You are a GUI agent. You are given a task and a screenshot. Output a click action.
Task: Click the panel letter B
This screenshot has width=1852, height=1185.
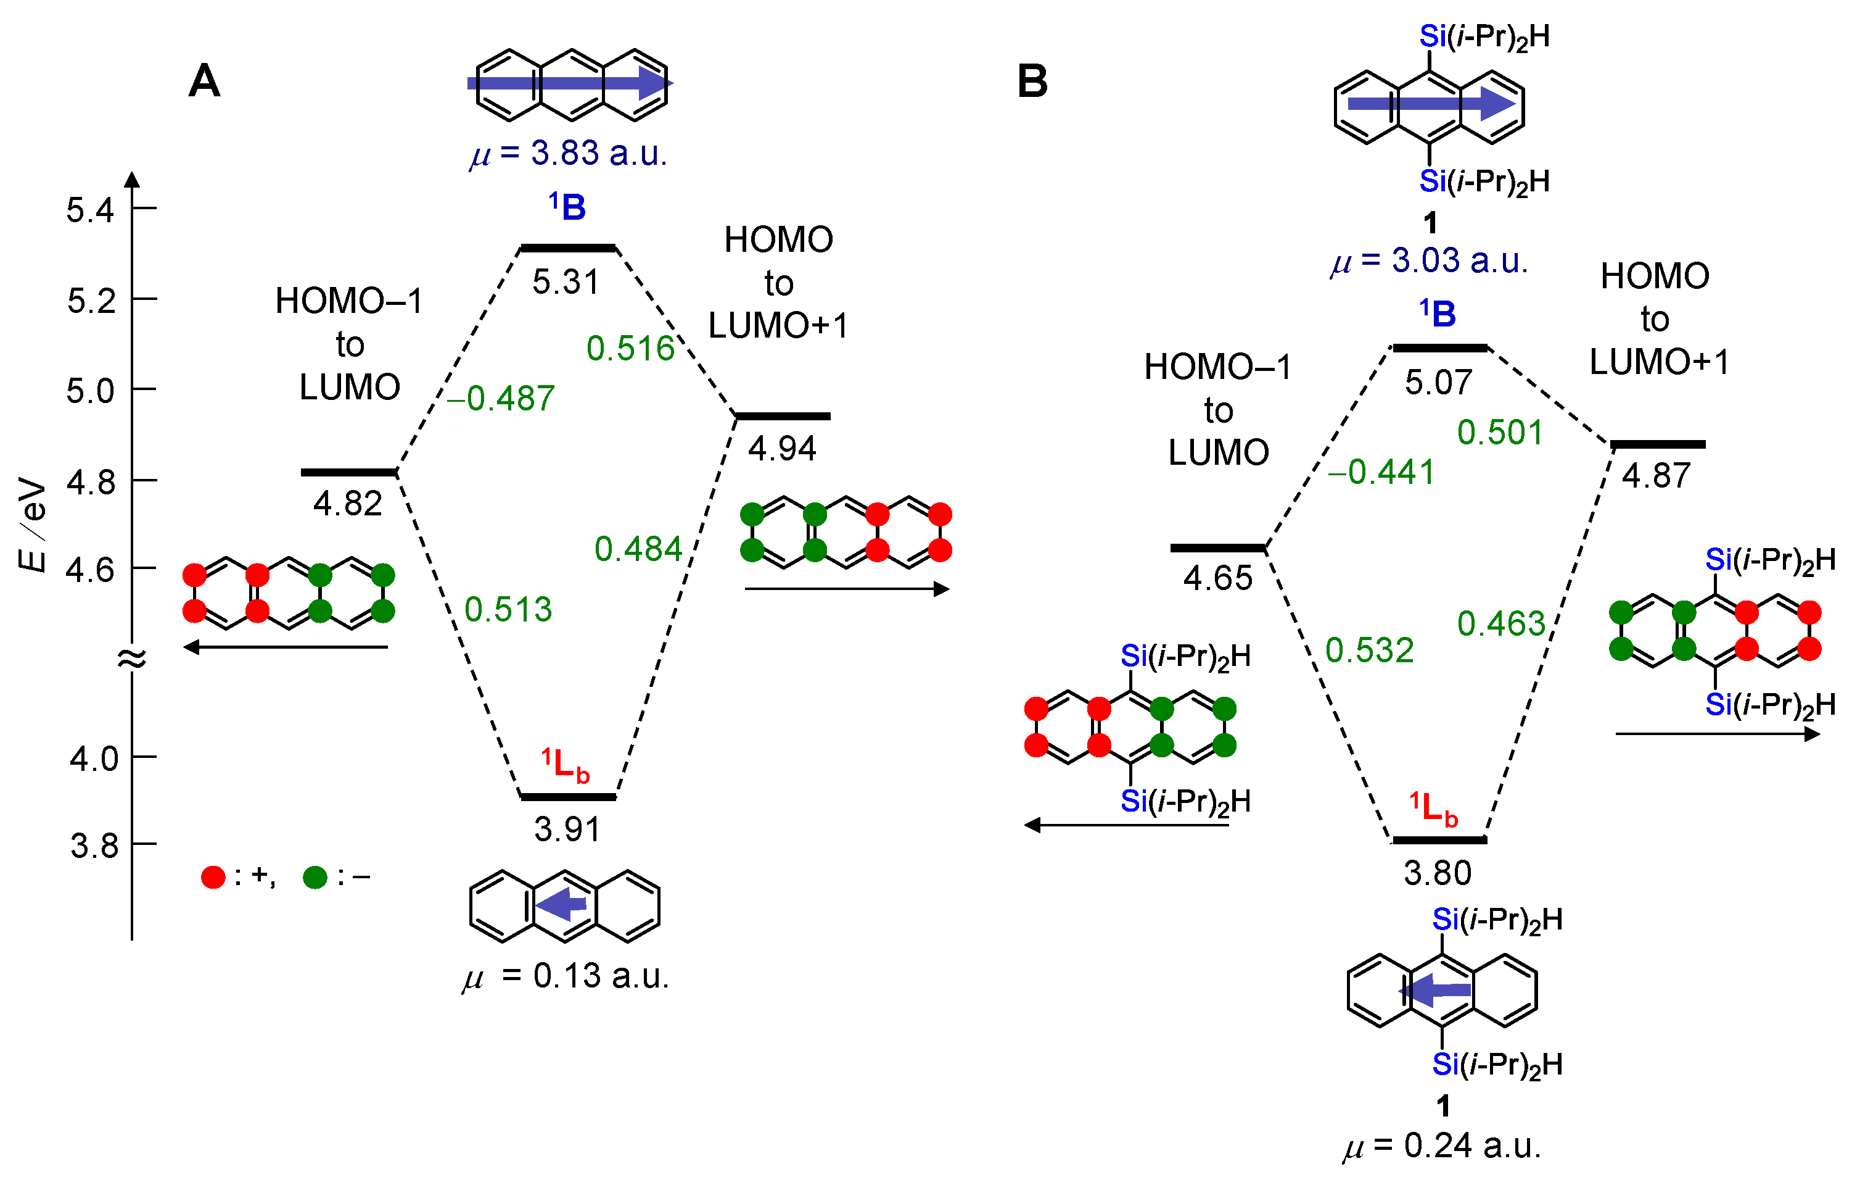pos(1032,81)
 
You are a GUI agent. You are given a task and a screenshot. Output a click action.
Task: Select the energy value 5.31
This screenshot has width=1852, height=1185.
pos(566,283)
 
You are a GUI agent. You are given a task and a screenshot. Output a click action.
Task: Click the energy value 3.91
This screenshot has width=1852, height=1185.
pos(567,829)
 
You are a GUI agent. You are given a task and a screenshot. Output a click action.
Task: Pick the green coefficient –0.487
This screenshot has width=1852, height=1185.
pos(500,399)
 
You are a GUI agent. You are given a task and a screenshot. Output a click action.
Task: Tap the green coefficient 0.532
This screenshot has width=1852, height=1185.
pos(1369,651)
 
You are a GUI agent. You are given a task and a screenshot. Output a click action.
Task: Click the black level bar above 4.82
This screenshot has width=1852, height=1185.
pos(348,472)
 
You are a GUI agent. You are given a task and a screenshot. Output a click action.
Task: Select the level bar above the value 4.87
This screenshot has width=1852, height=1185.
pos(1658,444)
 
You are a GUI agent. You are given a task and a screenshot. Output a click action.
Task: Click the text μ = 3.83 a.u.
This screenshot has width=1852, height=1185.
pos(569,153)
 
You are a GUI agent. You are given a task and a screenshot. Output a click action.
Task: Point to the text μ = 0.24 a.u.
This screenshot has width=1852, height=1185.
pos(1442,1145)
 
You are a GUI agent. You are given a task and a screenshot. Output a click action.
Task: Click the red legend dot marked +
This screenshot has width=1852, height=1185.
pos(213,876)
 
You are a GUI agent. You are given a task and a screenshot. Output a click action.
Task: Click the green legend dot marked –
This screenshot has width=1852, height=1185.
pos(315,876)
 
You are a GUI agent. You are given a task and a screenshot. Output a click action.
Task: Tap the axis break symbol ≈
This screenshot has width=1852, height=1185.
pos(131,658)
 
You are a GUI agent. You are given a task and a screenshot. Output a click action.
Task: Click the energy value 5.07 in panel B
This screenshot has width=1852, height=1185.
pos(1438,383)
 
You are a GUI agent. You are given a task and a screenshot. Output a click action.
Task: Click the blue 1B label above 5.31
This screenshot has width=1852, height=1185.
pos(567,207)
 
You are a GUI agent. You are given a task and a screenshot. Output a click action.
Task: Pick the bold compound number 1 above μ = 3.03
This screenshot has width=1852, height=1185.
pos(1430,223)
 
